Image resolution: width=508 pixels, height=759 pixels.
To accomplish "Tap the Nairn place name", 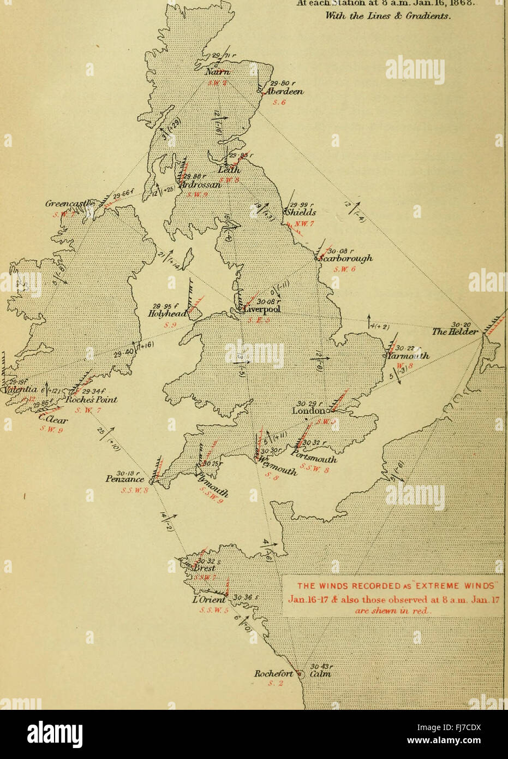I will [x=218, y=73].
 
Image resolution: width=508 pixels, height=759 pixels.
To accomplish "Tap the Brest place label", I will [x=205, y=568].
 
